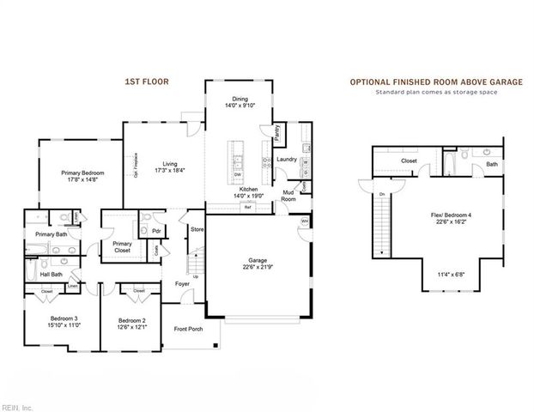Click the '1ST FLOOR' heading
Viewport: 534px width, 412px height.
[147, 82]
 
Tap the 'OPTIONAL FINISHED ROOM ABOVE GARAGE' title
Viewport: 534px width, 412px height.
[435, 82]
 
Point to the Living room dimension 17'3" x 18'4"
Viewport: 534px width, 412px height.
[170, 170]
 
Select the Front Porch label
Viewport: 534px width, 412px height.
[188, 329]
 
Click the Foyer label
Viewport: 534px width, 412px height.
[182, 283]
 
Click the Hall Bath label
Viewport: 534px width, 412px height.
[51, 275]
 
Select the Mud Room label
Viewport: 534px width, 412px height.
[289, 196]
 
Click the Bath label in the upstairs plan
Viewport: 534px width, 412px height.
[492, 163]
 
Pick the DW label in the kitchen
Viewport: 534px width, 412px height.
[237, 173]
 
